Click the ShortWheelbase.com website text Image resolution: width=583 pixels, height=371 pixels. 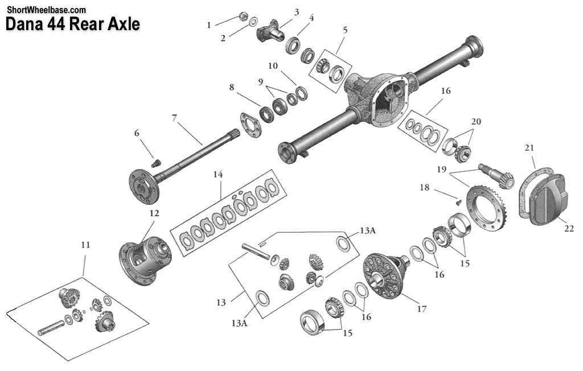pos(46,10)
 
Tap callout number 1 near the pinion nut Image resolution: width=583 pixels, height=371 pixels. pos(209,25)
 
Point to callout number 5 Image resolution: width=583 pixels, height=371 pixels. pos(345,30)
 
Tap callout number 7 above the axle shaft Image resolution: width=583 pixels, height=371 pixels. pos(175,118)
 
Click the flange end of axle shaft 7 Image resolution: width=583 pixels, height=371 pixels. pos(142,184)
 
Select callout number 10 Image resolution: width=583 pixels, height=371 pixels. pos(273,66)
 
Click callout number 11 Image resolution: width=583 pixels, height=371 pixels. pos(85,245)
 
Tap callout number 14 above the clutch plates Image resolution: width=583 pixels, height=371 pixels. pos(217,174)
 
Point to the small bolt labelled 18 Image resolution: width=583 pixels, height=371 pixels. pos(457,200)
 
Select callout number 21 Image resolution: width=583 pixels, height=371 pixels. pos(529,148)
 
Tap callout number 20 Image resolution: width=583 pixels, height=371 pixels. pos(476,121)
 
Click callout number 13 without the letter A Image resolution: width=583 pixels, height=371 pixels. pos(221,303)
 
